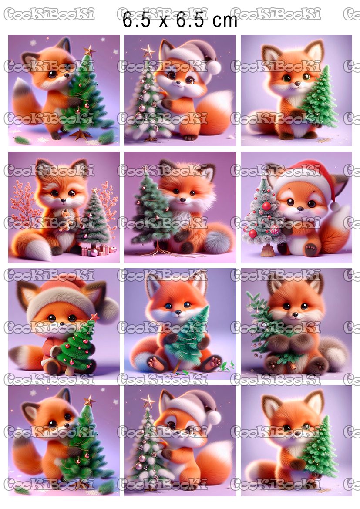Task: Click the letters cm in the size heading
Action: pos(225,20)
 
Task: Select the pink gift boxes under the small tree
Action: pos(98,251)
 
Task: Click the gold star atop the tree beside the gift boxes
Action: pos(94,190)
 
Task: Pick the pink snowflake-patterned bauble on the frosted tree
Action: pos(275,229)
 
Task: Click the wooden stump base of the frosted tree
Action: pos(268,250)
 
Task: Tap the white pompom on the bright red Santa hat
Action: pos(334,206)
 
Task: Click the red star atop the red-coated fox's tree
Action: pos(94,317)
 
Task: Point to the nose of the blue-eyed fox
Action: pos(178,313)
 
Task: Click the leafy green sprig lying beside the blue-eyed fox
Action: pos(227,367)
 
